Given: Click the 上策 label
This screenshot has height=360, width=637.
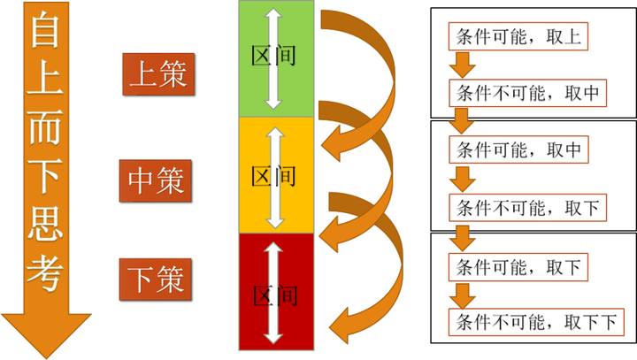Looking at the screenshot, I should (x=157, y=73).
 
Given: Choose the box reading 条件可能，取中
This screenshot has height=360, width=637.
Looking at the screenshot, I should (x=518, y=150).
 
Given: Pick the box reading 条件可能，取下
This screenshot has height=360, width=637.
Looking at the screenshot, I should (x=518, y=264).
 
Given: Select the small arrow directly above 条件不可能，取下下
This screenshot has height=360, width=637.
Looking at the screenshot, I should (x=463, y=293).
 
